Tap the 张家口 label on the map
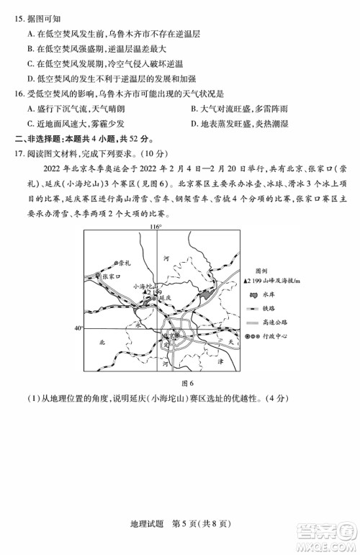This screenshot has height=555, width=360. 107,276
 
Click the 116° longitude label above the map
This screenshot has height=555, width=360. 156,247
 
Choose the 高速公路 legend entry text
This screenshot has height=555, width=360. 279,322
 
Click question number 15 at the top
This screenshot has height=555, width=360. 17,12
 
